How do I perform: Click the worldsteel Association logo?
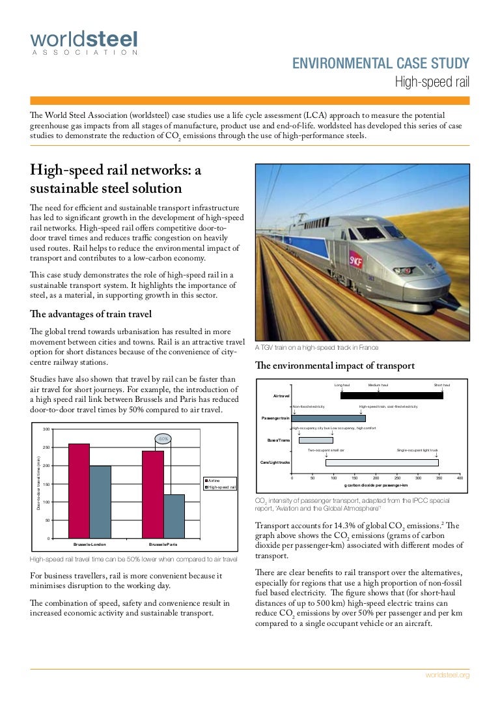tap(84, 43)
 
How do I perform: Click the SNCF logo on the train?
tap(357, 256)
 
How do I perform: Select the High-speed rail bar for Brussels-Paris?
tap(174, 516)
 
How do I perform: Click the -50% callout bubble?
tap(163, 439)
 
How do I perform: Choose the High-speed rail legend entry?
tap(221, 487)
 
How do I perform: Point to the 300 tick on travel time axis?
tap(46, 429)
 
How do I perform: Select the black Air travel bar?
tap(391, 395)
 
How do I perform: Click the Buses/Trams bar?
tap(315, 440)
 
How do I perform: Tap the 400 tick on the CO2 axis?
tap(459, 478)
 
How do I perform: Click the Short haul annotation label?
tap(442, 385)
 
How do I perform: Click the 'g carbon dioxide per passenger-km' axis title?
tap(376, 485)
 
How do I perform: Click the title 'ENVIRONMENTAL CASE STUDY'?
tap(381, 63)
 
